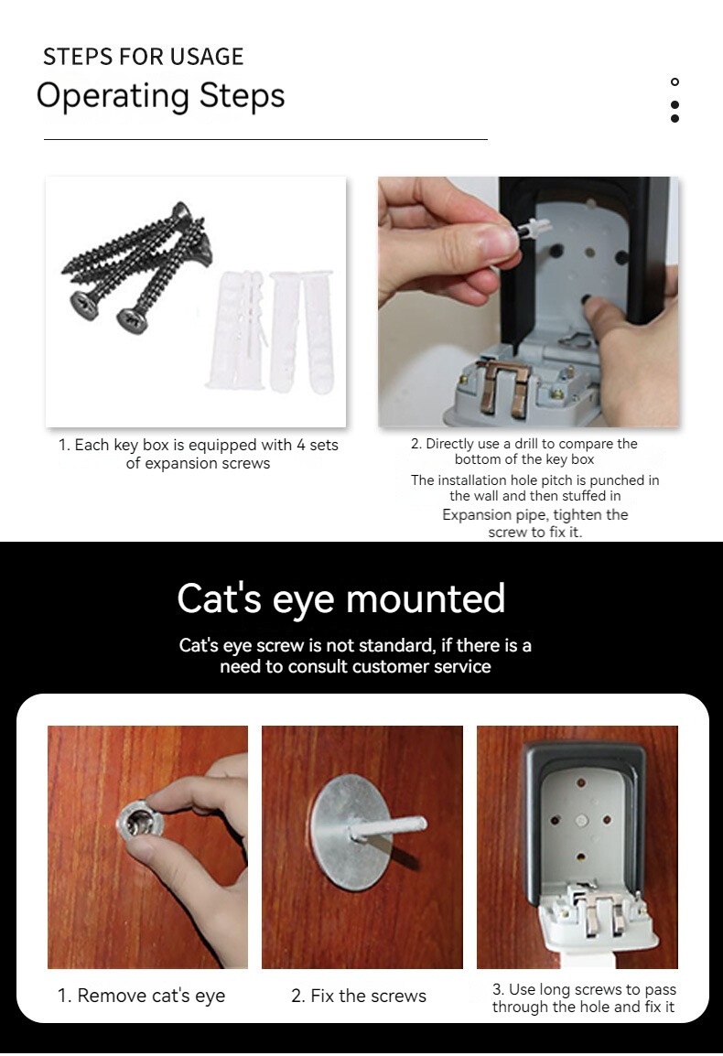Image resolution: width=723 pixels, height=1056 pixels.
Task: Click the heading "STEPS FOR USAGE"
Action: pyautogui.click(x=143, y=57)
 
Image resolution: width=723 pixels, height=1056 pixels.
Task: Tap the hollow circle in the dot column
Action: pyautogui.click(x=674, y=82)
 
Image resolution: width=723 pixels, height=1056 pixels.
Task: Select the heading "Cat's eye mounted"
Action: pyautogui.click(x=341, y=598)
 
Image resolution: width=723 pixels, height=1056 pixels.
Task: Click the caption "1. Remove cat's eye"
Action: pyautogui.click(x=142, y=996)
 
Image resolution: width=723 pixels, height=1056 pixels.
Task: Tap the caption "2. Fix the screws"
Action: pyautogui.click(x=359, y=996)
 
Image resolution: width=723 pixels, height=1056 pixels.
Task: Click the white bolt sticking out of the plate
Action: pyautogui.click(x=387, y=828)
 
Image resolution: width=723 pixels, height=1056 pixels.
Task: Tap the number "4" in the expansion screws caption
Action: pyautogui.click(x=300, y=445)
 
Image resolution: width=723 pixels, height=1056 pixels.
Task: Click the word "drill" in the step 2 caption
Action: pyautogui.click(x=526, y=444)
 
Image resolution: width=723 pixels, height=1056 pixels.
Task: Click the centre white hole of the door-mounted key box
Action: pyautogui.click(x=581, y=821)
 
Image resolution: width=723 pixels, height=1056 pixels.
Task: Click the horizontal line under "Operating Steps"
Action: pyautogui.click(x=265, y=139)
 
